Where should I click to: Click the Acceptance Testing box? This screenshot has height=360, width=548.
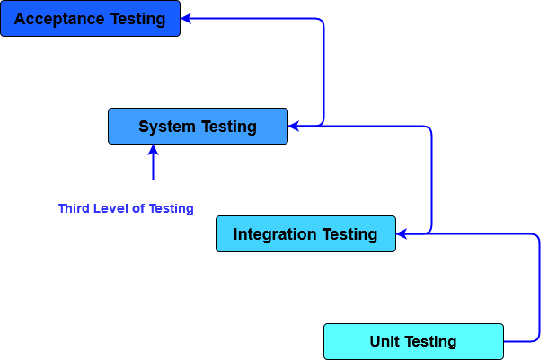click(x=90, y=19)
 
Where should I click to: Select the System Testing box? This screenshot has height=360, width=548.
click(x=198, y=127)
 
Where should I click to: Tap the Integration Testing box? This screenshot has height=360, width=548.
click(x=305, y=234)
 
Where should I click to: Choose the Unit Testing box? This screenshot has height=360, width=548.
click(x=413, y=342)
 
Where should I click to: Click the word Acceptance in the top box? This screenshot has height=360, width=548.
click(x=56, y=19)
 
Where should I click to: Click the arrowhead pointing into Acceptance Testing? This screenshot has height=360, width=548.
click(x=187, y=18)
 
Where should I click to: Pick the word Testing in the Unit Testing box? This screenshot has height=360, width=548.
click(x=430, y=342)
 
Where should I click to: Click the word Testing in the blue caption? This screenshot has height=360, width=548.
click(x=171, y=208)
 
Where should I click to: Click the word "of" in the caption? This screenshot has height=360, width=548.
click(x=138, y=208)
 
